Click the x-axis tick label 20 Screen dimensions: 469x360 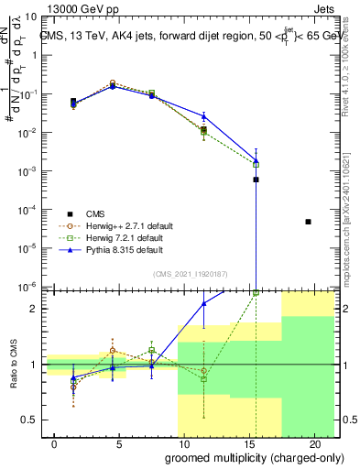pos(312,444)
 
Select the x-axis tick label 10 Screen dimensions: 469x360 pos(183,444)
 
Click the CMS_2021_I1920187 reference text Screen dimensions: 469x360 pos(190,274)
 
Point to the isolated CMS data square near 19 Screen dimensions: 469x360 pos(308,222)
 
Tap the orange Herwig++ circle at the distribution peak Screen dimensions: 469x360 pos(113,82)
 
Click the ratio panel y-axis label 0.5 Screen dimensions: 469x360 pos(30,420)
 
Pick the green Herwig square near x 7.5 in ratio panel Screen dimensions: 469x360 pos(152,350)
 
